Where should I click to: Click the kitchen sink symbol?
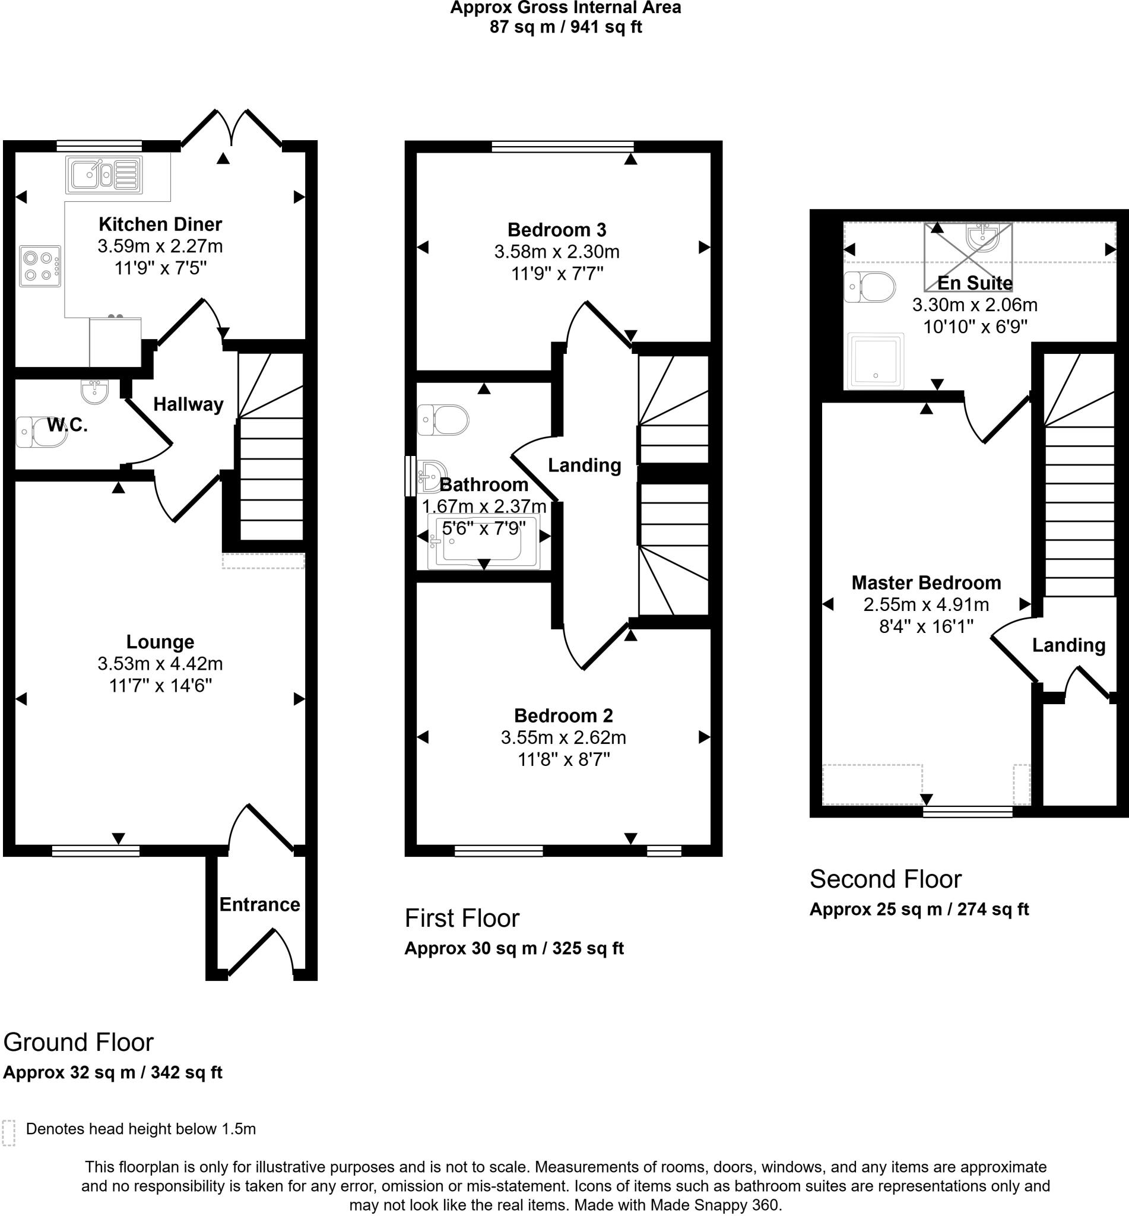coord(104,173)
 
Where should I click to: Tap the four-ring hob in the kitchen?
coord(40,266)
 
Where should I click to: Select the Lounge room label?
coord(160,642)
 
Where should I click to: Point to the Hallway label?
coord(188,404)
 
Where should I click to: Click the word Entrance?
coord(259,904)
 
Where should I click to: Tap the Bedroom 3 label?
coord(557,230)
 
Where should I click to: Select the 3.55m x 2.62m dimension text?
coord(563,737)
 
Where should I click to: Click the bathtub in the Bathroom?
coord(484,542)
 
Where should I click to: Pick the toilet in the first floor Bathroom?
coord(443,420)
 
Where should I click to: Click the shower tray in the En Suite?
coord(876,360)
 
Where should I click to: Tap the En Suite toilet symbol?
coord(870,287)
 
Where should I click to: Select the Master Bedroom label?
coord(926,582)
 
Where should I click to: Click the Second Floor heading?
coord(885,879)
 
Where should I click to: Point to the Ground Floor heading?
coord(78,1043)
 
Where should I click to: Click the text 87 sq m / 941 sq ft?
coord(566,27)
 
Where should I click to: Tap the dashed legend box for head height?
coord(8,1133)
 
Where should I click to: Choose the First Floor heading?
coord(462,919)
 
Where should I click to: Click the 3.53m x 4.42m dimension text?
coord(160,664)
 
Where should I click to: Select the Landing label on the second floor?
coord(1068,645)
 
